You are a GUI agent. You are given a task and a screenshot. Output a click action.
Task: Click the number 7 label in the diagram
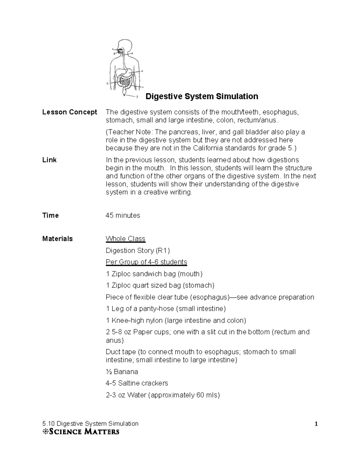pos(137,97)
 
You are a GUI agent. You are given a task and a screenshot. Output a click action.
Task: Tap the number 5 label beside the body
pos(107,84)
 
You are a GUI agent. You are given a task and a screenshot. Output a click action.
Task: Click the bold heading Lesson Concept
pos(70,112)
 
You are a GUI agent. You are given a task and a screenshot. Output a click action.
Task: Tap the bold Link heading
pos(49,160)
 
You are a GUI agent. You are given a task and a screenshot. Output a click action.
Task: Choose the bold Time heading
pos(50,215)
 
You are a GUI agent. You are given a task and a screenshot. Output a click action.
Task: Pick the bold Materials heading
pos(57,239)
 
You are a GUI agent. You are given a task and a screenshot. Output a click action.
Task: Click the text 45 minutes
pos(123,215)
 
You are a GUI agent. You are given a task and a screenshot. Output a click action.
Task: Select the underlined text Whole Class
pos(125,239)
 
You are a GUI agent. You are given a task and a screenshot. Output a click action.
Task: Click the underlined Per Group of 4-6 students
pos(146,262)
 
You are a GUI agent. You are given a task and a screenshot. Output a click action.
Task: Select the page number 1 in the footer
pos(316,424)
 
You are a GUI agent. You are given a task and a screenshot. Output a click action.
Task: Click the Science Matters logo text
pos(81,432)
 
